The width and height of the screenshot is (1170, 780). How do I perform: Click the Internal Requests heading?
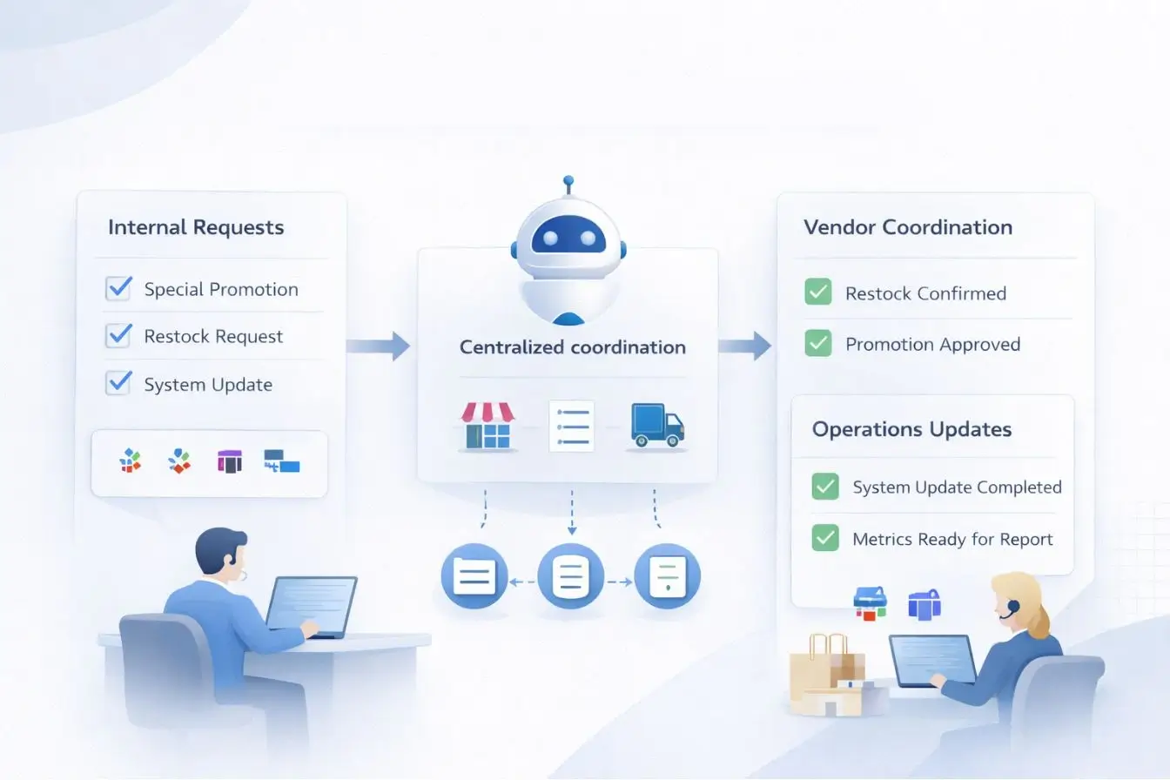(x=196, y=228)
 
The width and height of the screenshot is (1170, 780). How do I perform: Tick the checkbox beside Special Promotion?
(x=118, y=288)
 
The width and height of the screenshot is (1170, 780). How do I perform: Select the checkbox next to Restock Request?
(x=118, y=335)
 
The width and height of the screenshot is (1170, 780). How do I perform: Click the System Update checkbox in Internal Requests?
(x=118, y=383)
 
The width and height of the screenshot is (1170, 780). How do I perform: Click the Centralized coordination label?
(x=572, y=347)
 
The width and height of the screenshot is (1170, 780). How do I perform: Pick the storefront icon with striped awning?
(x=487, y=425)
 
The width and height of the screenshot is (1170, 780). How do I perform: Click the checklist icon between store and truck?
(x=571, y=426)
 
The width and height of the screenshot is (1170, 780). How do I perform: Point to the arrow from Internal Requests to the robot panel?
(x=378, y=346)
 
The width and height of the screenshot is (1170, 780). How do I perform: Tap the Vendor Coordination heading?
(x=908, y=228)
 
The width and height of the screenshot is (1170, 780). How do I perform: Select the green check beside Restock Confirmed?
(x=818, y=292)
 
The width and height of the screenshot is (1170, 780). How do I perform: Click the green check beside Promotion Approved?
(x=818, y=343)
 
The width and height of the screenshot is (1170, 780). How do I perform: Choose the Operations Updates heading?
(x=911, y=429)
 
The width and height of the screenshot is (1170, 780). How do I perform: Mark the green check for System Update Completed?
(x=824, y=486)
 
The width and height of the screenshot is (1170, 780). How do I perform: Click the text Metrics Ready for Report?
(x=952, y=540)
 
